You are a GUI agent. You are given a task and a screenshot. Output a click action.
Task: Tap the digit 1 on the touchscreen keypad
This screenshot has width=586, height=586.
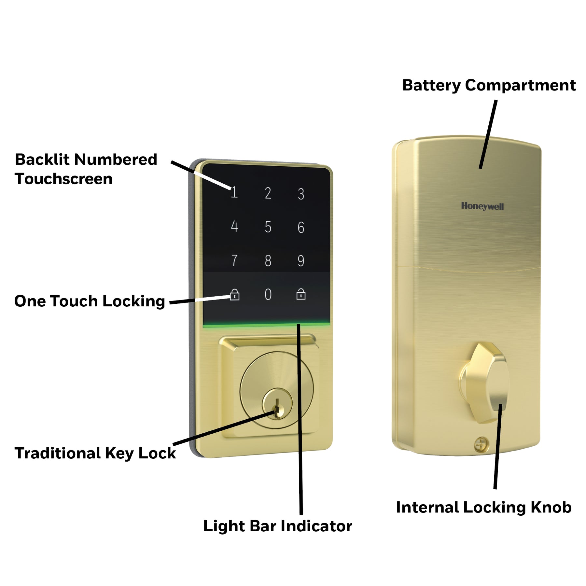pos(234,192)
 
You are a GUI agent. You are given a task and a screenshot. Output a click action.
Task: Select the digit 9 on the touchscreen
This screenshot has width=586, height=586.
pos(301,260)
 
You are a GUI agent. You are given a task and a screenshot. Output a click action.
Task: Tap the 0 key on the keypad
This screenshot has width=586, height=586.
pos(268,294)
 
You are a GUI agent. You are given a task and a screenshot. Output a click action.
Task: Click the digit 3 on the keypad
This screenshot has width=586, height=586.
pos(301,194)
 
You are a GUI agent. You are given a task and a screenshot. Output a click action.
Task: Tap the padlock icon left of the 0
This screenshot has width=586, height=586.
pos(234,294)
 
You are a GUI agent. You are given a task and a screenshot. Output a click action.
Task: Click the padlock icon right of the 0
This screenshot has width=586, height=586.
pos(301,294)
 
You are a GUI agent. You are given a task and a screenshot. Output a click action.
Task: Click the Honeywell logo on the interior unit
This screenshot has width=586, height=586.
pos(482,206)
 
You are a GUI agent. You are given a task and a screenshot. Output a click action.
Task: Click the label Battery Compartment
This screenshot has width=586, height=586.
pos(489,86)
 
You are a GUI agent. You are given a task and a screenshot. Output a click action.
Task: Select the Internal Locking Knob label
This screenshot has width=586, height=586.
pos(484,507)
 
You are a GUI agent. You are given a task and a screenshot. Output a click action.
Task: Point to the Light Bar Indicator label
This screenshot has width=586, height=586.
pos(278,526)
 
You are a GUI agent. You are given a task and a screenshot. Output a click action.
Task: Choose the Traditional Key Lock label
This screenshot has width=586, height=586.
pos(95,453)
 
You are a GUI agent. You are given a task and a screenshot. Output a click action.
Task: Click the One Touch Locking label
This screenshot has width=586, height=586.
pos(90,301)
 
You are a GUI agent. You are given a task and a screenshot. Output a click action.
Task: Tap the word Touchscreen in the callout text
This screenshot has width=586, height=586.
pos(63,179)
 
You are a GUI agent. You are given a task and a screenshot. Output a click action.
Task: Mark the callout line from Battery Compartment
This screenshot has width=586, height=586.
pos(488,134)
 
